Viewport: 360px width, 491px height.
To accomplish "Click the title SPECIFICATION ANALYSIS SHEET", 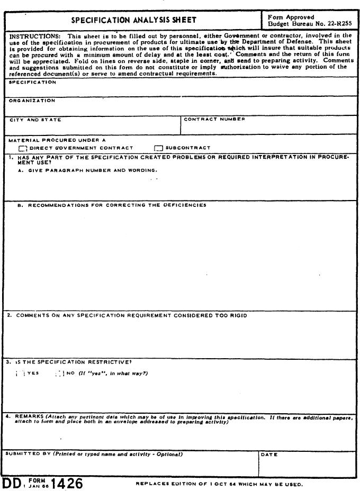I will [134, 21].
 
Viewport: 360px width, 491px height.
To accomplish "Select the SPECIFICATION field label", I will [32, 83].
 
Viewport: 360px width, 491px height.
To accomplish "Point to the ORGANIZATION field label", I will [31, 101].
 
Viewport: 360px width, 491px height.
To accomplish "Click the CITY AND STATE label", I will [35, 120].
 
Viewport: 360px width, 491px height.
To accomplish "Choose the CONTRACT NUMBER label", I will [214, 119].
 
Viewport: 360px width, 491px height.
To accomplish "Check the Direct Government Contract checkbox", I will [23, 149].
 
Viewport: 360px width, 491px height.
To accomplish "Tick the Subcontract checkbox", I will [158, 149].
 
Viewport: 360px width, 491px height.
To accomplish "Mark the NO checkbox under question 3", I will [60, 374].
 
